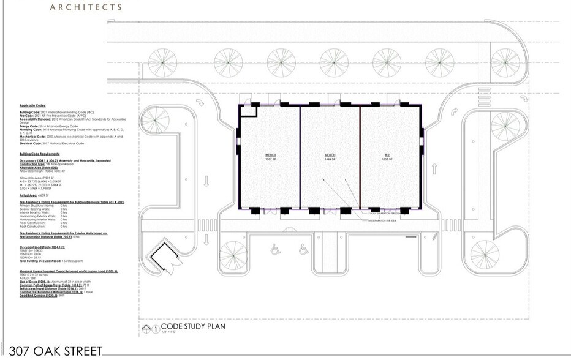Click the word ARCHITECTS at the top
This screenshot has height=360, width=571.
click(85, 7)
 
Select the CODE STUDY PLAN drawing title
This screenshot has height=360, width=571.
click(194, 326)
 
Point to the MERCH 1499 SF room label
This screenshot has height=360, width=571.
click(330, 157)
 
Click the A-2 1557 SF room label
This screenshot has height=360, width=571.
click(388, 157)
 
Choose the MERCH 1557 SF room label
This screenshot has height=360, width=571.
click(270, 157)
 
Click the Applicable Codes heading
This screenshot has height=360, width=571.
click(32, 106)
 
